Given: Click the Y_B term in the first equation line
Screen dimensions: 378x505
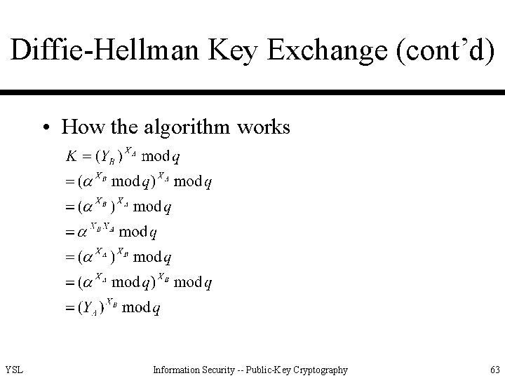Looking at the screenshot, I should click(x=108, y=155).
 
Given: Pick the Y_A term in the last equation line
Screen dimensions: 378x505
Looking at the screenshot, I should click(x=89, y=308).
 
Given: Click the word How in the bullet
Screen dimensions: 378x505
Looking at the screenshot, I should click(x=78, y=127).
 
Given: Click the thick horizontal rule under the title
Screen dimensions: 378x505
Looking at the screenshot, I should click(x=252, y=92).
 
